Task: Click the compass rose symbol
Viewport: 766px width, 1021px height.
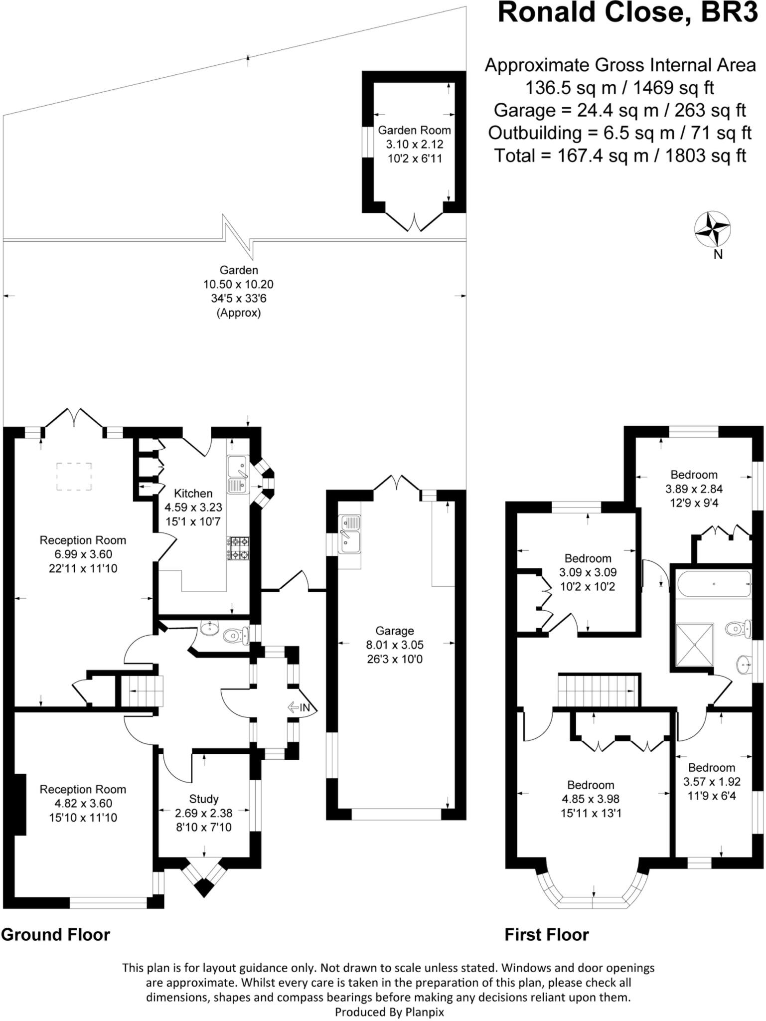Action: [x=713, y=229]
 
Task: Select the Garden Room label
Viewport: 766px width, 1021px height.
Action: [x=414, y=130]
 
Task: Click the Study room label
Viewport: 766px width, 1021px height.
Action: [x=204, y=799]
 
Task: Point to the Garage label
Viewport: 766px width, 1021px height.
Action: [x=395, y=631]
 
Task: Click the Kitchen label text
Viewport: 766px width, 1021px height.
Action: [x=193, y=493]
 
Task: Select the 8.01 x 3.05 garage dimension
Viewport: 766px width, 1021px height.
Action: [x=395, y=645]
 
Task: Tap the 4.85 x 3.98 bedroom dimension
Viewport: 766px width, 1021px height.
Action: [x=591, y=799]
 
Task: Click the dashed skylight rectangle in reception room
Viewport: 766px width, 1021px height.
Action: [x=74, y=476]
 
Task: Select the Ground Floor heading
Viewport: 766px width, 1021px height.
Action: [x=55, y=934]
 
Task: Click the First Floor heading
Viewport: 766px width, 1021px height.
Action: [x=547, y=934]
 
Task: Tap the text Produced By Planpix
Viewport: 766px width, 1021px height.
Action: [x=389, y=1012]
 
